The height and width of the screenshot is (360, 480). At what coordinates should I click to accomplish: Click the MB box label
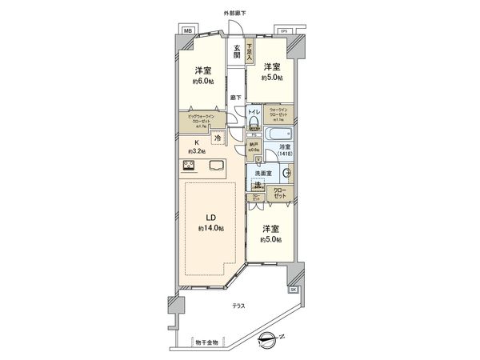(x=187, y=30)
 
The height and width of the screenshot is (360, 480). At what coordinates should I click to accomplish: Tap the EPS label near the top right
(x=283, y=30)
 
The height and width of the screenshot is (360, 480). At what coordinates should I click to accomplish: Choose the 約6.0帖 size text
(x=198, y=80)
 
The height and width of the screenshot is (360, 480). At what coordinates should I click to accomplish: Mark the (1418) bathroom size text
(x=286, y=154)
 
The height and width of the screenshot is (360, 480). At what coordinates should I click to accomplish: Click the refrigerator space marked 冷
(x=218, y=137)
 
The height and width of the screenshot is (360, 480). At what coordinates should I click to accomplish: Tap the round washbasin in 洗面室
(x=286, y=173)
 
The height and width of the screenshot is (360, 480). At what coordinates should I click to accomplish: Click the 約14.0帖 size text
(x=210, y=229)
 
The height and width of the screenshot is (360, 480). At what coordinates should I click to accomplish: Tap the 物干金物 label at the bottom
(x=206, y=342)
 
